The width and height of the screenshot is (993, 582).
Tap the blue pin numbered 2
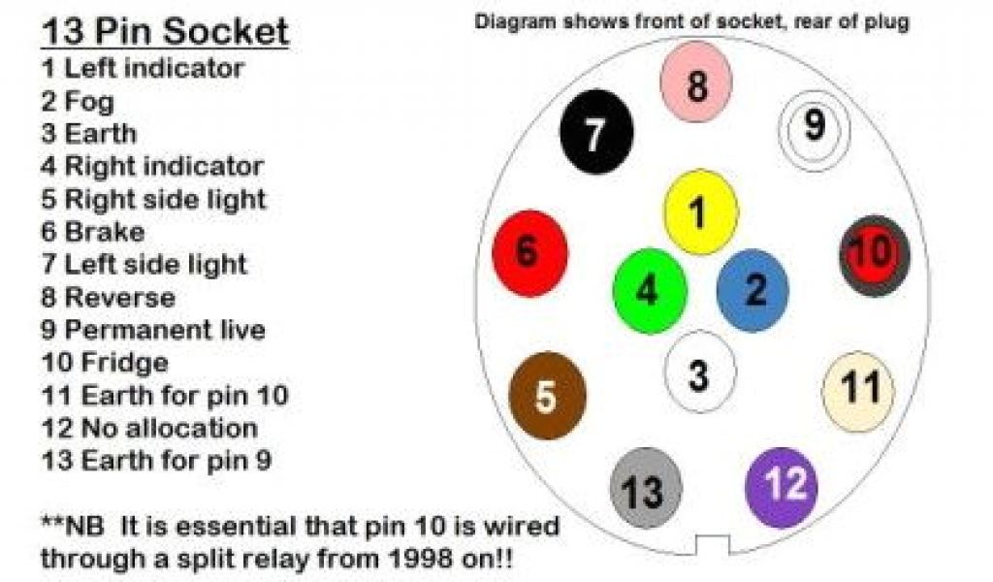pyautogui.click(x=753, y=290)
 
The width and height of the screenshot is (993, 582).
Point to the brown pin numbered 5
pyautogui.click(x=547, y=396)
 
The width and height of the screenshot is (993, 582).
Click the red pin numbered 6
pyautogui.click(x=529, y=253)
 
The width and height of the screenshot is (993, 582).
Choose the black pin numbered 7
pyautogui.click(x=596, y=133)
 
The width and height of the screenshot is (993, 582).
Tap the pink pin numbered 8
pyautogui.click(x=696, y=83)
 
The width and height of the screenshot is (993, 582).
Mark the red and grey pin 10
pyautogui.click(x=874, y=255)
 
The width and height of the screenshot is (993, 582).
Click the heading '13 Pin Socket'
pyautogui.click(x=165, y=31)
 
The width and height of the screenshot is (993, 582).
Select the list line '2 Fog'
pyautogui.click(x=78, y=101)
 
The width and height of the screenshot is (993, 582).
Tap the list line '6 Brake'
pyautogui.click(x=93, y=232)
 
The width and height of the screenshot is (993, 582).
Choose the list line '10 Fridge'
pyautogui.click(x=105, y=363)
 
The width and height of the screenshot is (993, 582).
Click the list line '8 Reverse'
pyautogui.click(x=108, y=297)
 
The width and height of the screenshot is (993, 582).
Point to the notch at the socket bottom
pyautogui.click(x=712, y=546)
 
